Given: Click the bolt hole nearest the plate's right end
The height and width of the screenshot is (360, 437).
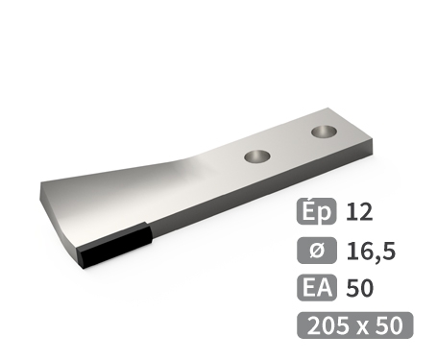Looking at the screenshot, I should [323, 129].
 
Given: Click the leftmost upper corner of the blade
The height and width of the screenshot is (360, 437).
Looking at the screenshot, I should [39, 184].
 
